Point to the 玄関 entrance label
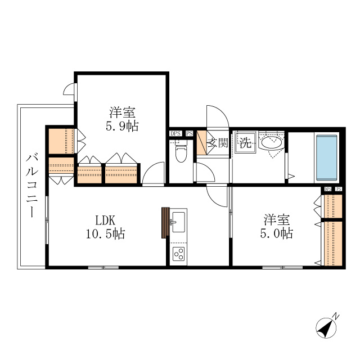pos(217,143)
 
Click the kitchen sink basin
pos(178,220)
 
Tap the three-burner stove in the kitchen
pos(179,254)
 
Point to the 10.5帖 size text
pos(105,233)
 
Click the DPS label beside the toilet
pos(175,134)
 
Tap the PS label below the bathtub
pos(338,190)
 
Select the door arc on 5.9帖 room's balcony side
pos(69,89)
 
